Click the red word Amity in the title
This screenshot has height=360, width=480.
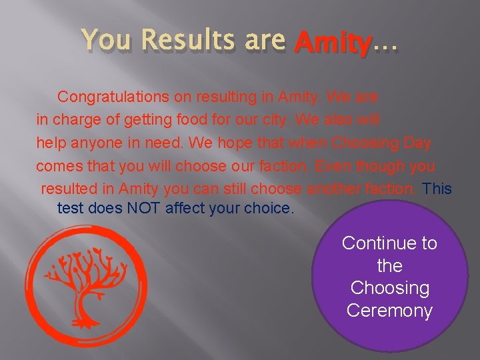(x=332, y=43)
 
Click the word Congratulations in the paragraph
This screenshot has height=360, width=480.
(x=113, y=97)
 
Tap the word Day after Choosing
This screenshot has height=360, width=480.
(x=417, y=143)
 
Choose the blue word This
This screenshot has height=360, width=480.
(x=437, y=189)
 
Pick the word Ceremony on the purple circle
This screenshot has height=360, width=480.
(x=389, y=311)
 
